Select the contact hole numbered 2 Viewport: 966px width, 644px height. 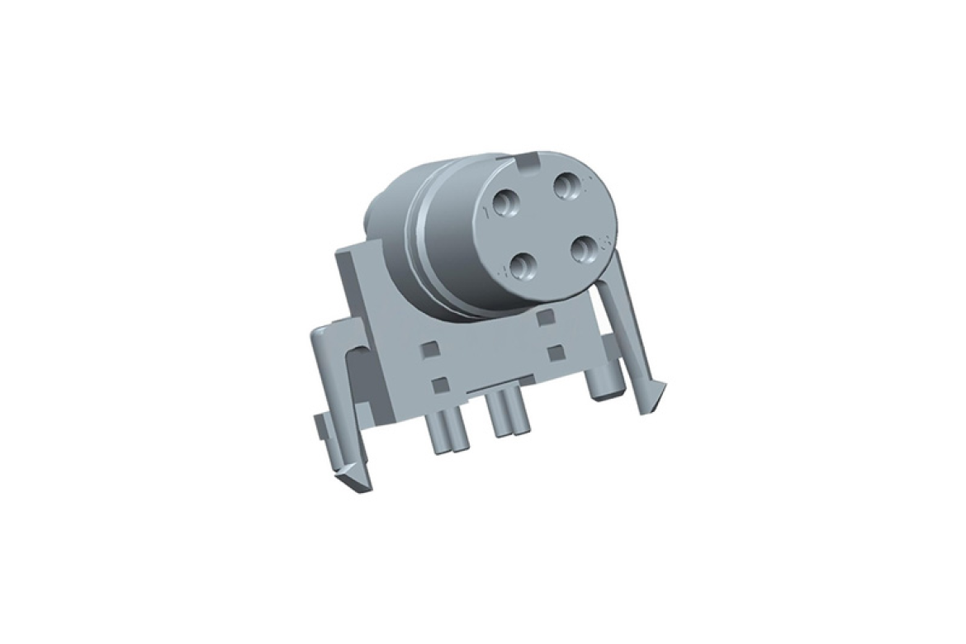click(x=567, y=187)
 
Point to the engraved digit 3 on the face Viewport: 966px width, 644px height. click(x=604, y=242)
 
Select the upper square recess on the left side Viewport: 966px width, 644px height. click(x=427, y=351)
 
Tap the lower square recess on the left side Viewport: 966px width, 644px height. click(x=440, y=384)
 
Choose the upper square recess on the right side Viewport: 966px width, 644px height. click(x=544, y=317)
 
